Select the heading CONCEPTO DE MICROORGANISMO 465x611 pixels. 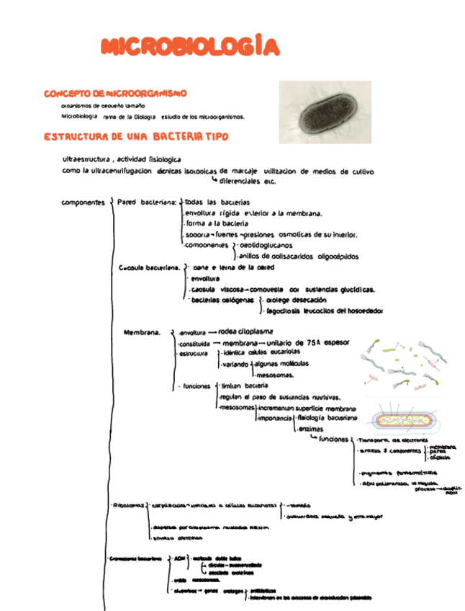click(x=115, y=94)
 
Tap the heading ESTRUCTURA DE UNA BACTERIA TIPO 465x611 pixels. click(x=136, y=136)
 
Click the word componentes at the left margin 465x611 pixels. click(x=83, y=202)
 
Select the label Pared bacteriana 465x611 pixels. click(x=147, y=202)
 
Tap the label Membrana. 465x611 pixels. click(x=141, y=333)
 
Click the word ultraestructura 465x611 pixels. click(x=86, y=159)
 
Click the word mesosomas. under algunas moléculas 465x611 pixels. click(x=274, y=375)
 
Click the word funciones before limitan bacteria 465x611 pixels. click(x=197, y=386)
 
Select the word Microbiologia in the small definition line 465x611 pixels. click(x=79, y=116)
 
